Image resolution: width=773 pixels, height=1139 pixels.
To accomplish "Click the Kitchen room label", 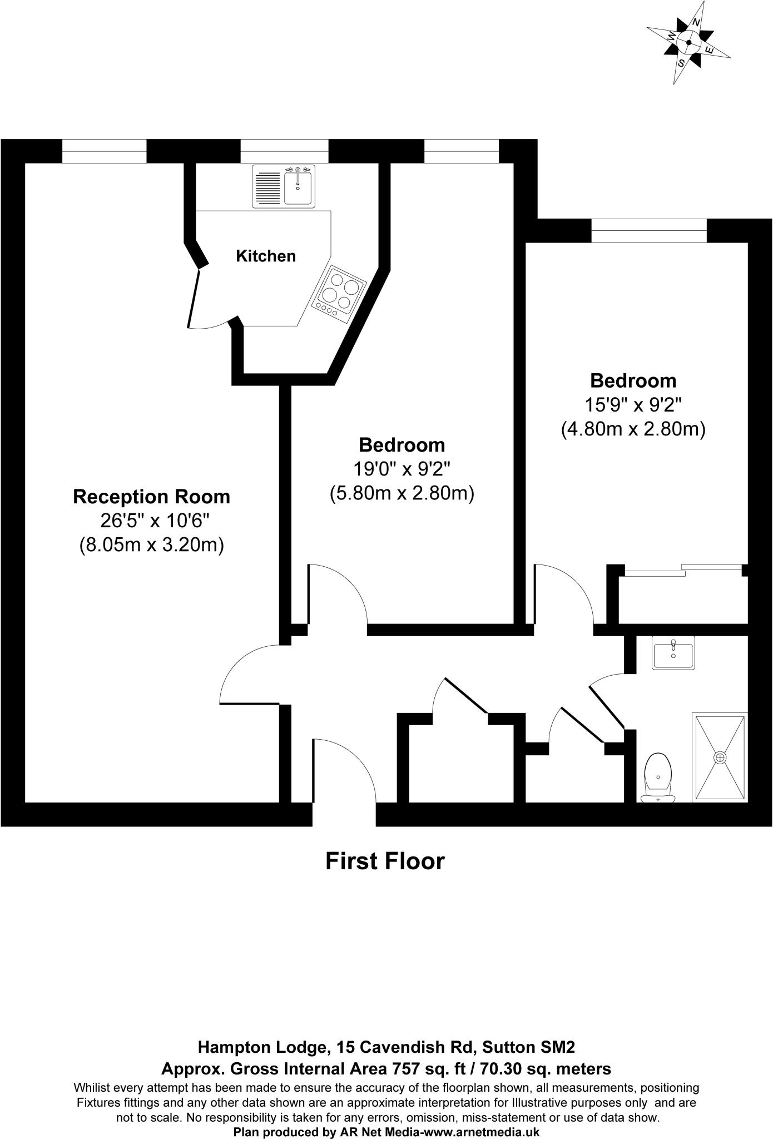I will [x=266, y=256].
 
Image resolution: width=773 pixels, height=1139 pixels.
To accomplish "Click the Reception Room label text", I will [x=151, y=497].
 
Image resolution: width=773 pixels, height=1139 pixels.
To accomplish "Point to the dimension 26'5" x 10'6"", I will [x=154, y=521].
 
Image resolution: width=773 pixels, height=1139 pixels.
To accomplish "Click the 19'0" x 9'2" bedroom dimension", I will [x=402, y=469].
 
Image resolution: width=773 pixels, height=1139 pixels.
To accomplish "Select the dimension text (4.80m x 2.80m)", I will [x=633, y=429].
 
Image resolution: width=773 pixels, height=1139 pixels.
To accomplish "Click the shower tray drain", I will [x=720, y=757].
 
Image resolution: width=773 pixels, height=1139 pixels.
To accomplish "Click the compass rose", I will [x=688, y=43].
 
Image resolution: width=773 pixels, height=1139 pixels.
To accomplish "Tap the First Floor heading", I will [x=385, y=861].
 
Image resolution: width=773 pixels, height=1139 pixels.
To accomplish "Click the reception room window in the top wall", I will [x=104, y=152].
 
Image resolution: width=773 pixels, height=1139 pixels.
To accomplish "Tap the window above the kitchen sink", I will [x=284, y=152].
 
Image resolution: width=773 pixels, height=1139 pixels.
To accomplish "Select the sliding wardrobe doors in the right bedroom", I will [x=683, y=570].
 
